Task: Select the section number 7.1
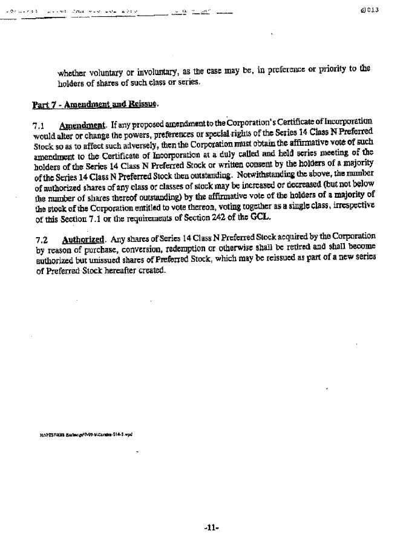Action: point(41,126)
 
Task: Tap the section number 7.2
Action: point(41,238)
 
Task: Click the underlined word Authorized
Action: point(80,238)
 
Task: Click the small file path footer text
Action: point(85,433)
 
